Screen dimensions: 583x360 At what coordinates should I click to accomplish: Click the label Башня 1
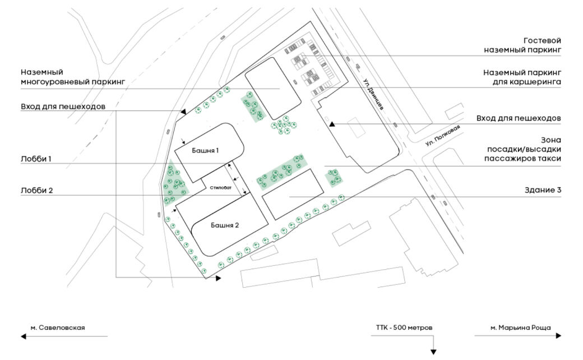pyautogui.click(x=205, y=151)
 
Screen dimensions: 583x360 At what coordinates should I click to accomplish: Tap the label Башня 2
pyautogui.click(x=225, y=225)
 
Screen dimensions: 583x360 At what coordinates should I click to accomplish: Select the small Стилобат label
pyautogui.click(x=220, y=188)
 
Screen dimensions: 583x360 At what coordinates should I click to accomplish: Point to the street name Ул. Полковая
pyautogui.click(x=443, y=135)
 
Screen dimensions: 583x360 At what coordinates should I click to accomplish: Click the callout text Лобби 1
pyautogui.click(x=36, y=159)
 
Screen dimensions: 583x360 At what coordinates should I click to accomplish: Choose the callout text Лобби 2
pyautogui.click(x=37, y=191)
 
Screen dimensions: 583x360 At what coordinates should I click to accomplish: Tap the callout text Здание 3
pyautogui.click(x=543, y=190)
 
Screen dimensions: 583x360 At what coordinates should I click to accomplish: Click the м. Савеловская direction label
pyautogui.click(x=58, y=327)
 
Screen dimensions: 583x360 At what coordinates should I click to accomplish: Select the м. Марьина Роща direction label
pyautogui.click(x=521, y=327)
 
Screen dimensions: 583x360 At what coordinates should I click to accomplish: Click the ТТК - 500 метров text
pyautogui.click(x=404, y=327)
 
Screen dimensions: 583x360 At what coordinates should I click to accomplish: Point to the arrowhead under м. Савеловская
pyautogui.click(x=24, y=336)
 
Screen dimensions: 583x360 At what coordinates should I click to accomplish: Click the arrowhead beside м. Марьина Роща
pyautogui.click(x=558, y=335)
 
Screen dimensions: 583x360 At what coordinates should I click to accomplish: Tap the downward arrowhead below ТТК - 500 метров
pyautogui.click(x=433, y=352)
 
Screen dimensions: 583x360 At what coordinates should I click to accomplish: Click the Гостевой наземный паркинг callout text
pyautogui.click(x=522, y=45)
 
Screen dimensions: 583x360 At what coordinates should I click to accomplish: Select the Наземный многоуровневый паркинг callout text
pyautogui.click(x=73, y=77)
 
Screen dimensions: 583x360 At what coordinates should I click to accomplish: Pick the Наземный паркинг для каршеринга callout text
pyautogui.click(x=522, y=77)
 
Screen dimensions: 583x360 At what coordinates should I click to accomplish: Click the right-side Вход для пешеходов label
pyautogui.click(x=519, y=118)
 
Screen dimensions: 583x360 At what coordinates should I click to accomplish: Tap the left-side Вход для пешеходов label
pyautogui.click(x=63, y=107)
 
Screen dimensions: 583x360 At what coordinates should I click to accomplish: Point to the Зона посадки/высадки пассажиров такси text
pyautogui.click(x=522, y=149)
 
